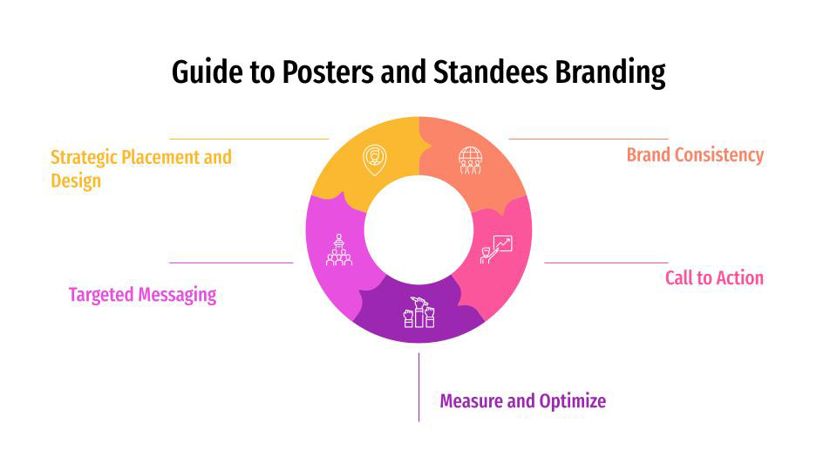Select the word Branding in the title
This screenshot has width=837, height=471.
pyautogui.click(x=610, y=72)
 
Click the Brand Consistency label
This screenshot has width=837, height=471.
pyautogui.click(x=695, y=155)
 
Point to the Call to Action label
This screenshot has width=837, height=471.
pyautogui.click(x=714, y=278)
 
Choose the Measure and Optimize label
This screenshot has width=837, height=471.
pyautogui.click(x=522, y=401)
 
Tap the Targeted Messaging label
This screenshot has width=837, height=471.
pyautogui.click(x=142, y=295)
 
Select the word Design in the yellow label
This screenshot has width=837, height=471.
pyautogui.click(x=76, y=181)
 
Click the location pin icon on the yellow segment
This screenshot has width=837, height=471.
pyautogui.click(x=375, y=159)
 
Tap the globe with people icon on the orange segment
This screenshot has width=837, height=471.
pyautogui.click(x=470, y=160)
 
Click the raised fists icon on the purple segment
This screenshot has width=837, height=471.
pyautogui.click(x=418, y=312)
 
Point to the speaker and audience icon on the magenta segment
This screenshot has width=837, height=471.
pyautogui.click(x=339, y=249)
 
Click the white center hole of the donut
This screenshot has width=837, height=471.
pyautogui.click(x=418, y=229)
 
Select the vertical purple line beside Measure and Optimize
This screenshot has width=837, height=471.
pyautogui.click(x=418, y=387)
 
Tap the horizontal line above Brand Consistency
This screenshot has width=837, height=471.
pyautogui.click(x=589, y=139)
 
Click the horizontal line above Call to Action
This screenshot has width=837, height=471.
pyautogui.click(x=606, y=263)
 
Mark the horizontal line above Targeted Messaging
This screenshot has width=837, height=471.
pyautogui.click(x=231, y=263)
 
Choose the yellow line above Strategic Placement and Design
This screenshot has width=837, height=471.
pyautogui.click(x=248, y=139)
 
